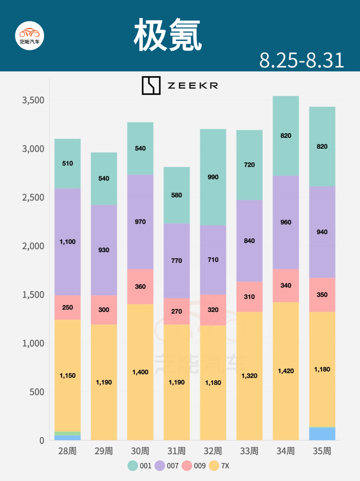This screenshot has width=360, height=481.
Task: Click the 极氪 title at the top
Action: point(168,35)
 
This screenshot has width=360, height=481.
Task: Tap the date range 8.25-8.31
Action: point(301,60)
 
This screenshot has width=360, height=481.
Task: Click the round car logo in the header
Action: point(30,35)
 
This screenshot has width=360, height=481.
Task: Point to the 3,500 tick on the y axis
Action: point(33,100)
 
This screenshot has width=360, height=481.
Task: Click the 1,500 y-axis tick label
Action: point(33,295)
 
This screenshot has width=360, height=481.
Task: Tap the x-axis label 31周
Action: point(176,451)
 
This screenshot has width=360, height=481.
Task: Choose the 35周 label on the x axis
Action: point(322,451)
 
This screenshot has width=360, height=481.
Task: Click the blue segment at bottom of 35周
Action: point(322,434)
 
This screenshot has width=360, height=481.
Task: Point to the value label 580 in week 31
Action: point(176,195)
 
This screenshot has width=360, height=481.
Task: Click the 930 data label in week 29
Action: point(104,250)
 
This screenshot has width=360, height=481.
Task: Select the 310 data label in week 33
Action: point(249,296)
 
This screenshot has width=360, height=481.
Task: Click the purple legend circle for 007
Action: point(160,466)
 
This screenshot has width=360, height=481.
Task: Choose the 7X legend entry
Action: point(219,466)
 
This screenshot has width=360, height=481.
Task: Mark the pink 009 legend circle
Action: point(187,466)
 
